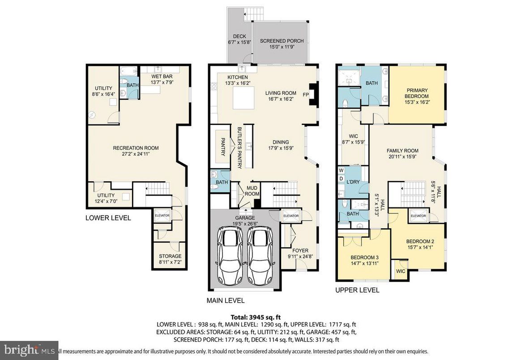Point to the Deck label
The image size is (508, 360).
tap(239, 37)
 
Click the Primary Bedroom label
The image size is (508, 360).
tap(417, 93)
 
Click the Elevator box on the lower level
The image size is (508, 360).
tap(162, 215)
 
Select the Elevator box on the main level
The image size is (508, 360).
tap(290, 216)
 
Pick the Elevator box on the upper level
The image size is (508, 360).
tap(418, 216)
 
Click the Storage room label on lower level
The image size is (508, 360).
tap(170, 256)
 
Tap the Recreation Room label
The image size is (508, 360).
tap(136, 148)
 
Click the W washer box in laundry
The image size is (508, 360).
tap(341, 171)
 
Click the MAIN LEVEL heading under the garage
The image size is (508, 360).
tap(226, 300)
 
